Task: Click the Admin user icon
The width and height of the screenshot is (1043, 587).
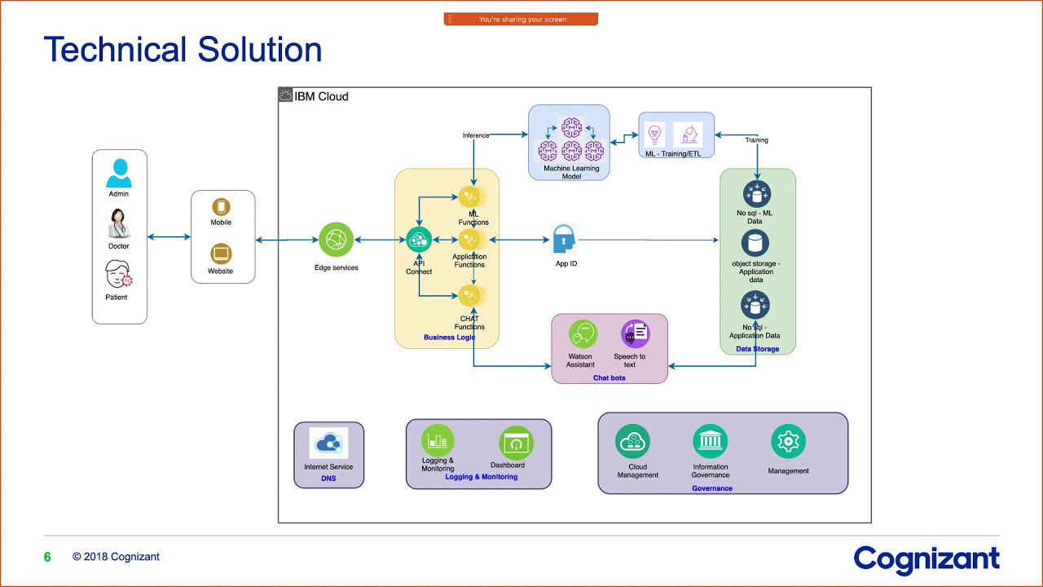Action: (119, 173)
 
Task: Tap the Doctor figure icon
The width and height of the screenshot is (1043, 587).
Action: (119, 223)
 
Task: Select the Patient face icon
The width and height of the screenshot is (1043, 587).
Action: (119, 274)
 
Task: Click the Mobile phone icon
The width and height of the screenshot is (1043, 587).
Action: (221, 207)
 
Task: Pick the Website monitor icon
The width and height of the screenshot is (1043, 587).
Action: (221, 254)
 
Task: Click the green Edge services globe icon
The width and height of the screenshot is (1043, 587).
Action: (337, 240)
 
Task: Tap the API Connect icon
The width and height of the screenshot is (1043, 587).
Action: (419, 240)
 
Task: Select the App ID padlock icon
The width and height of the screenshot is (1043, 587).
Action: (564, 240)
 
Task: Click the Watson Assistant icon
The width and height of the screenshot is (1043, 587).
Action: (583, 334)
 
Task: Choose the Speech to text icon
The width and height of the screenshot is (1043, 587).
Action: (634, 333)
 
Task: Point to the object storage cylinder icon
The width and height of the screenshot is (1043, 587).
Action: (755, 243)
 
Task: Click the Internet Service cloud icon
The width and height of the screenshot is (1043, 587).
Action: (328, 444)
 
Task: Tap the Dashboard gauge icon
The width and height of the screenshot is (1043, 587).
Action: (515, 443)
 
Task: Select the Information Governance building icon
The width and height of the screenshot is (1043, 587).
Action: (710, 442)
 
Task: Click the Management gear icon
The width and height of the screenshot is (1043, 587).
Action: (788, 442)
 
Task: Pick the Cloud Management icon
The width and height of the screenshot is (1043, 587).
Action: (633, 442)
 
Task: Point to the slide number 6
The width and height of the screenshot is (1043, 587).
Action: (47, 557)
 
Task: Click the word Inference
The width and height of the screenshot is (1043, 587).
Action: (476, 135)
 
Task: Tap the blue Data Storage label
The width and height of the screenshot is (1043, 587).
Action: (757, 349)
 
